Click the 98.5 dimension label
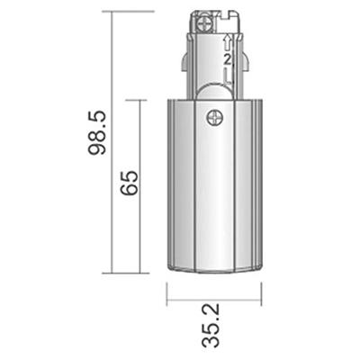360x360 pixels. pos(97,131)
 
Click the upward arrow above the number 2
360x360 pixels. pos(227,44)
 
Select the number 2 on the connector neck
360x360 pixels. pos(227,59)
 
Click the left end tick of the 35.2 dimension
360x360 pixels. pos(166,293)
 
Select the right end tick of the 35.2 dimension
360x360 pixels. pos(260,293)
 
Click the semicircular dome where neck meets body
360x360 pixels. pos(213,90)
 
